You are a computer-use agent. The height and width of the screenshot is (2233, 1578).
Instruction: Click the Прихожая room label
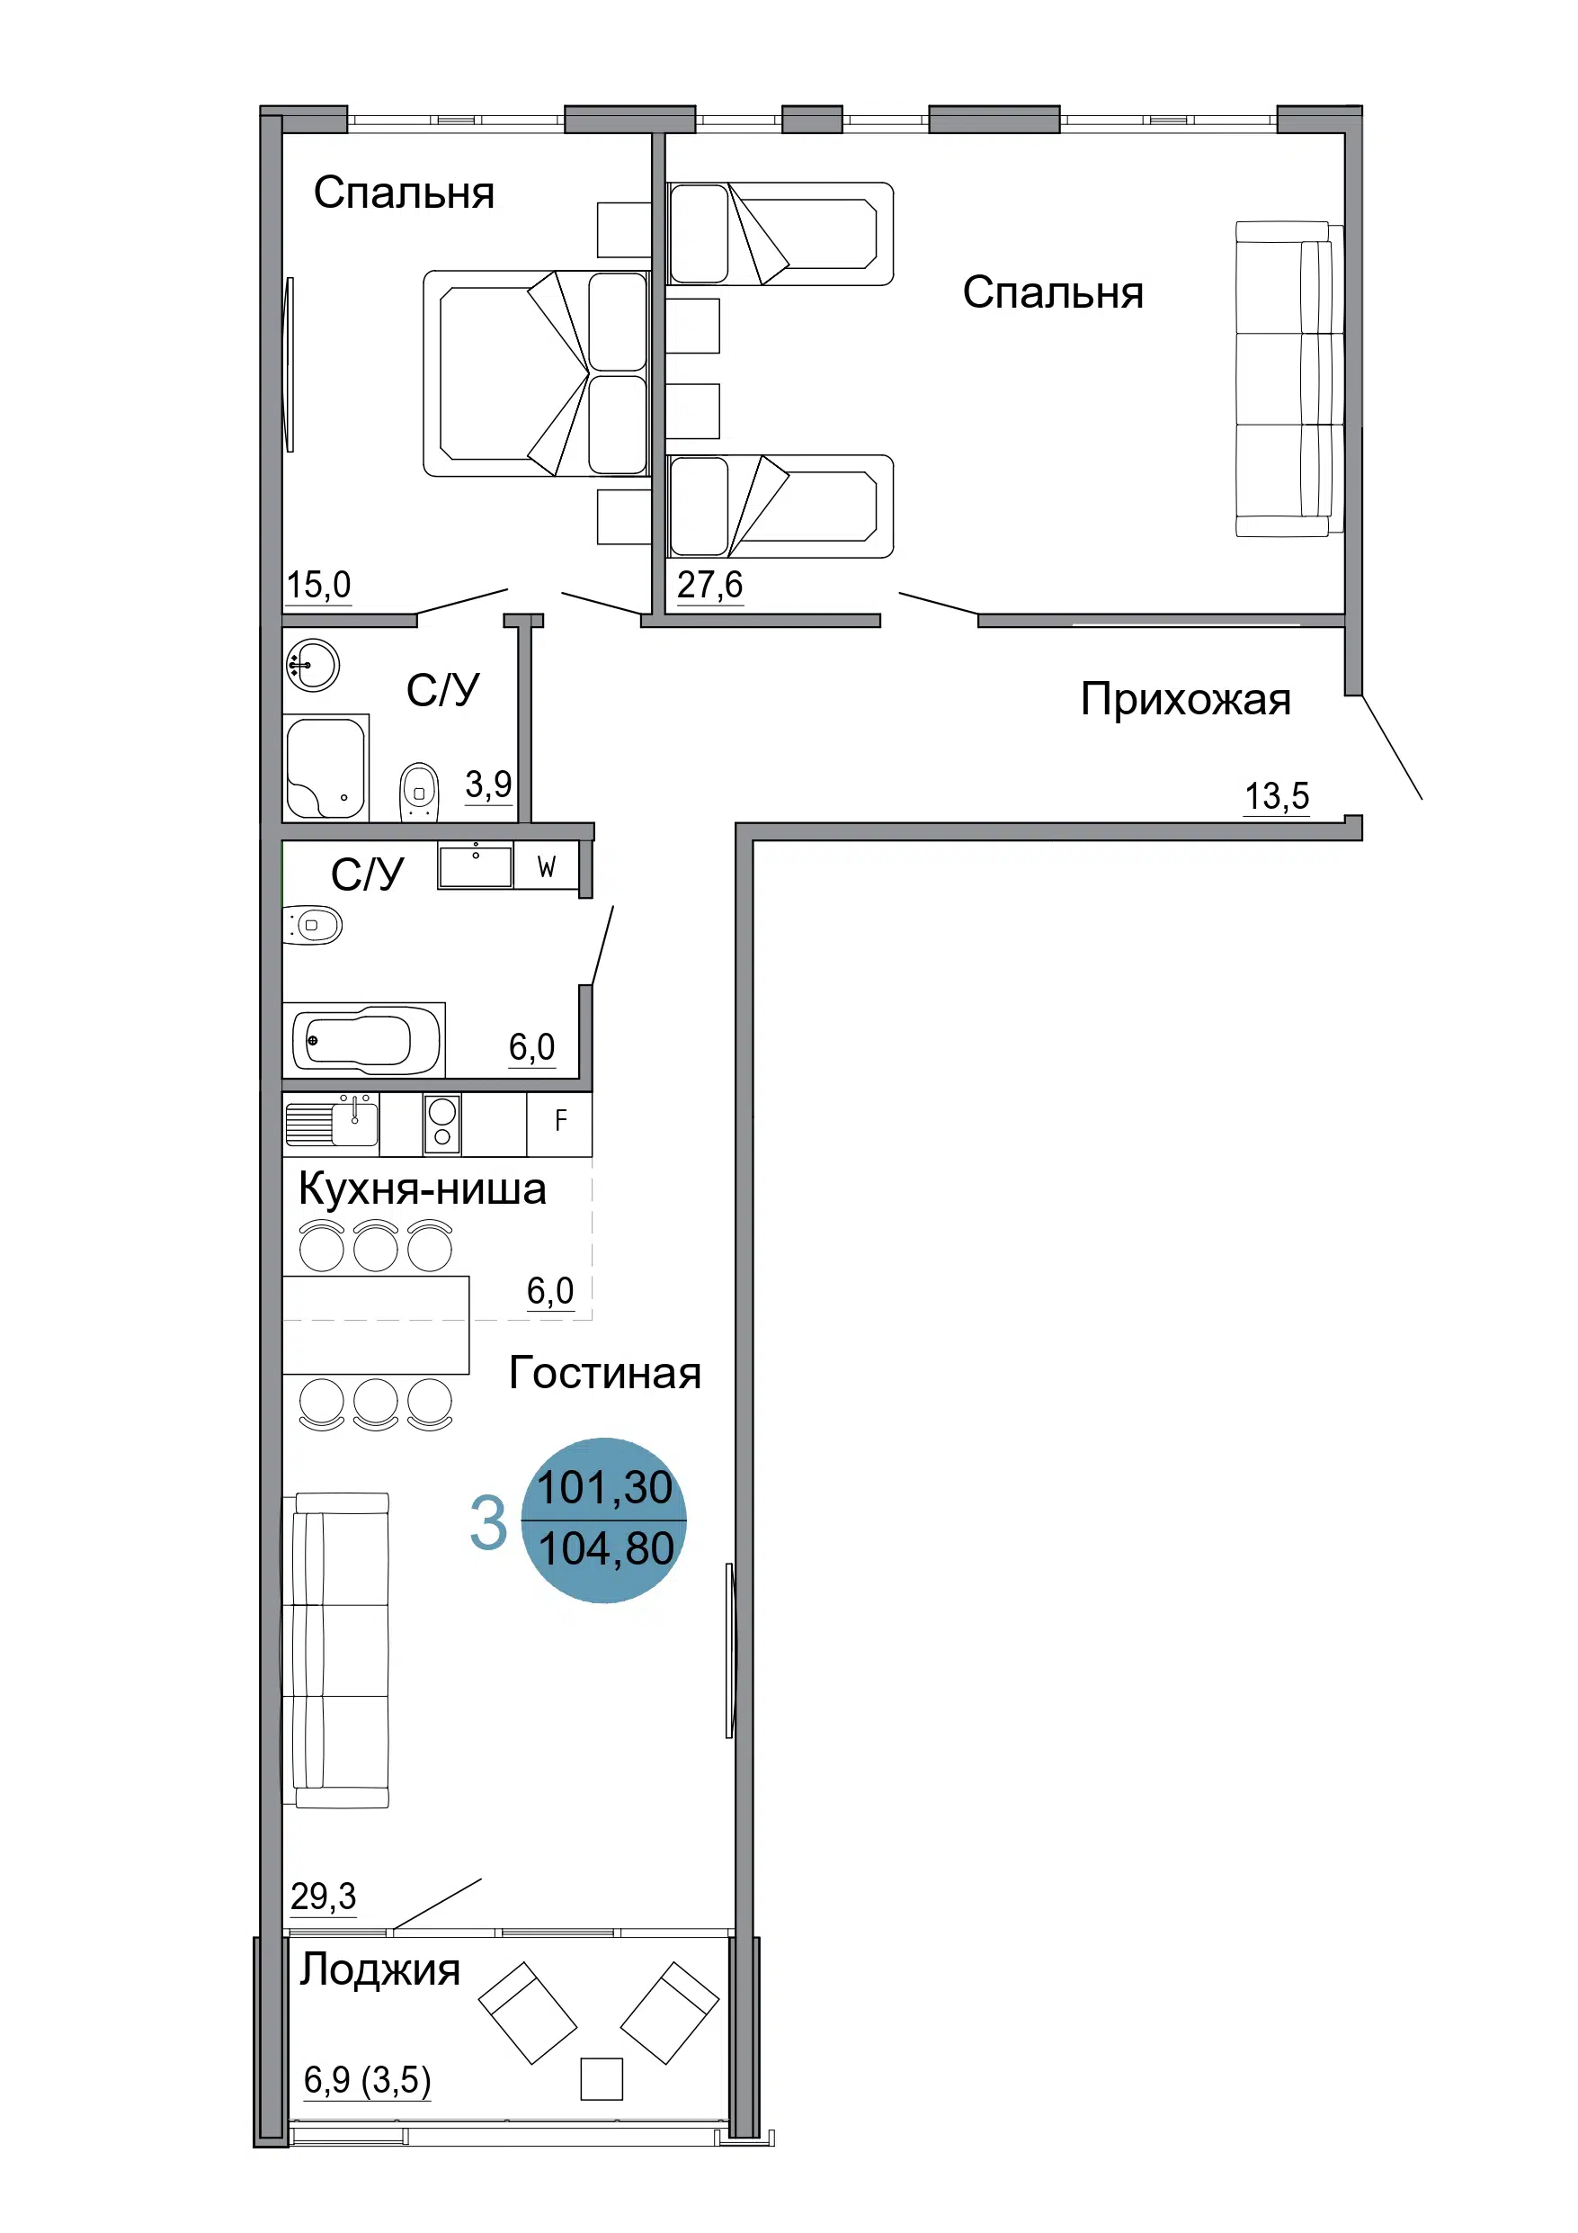point(1185,700)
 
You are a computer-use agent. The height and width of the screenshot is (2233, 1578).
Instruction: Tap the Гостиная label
point(605,1372)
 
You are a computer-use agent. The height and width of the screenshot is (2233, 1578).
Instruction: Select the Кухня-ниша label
point(422,1188)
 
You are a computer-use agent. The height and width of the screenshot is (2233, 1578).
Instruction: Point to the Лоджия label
point(379,1970)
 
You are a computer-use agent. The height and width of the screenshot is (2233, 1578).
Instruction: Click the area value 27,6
point(709,585)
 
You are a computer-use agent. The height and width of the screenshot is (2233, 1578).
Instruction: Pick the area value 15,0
point(318,585)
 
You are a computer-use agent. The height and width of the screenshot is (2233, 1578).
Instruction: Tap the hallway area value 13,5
point(1277,795)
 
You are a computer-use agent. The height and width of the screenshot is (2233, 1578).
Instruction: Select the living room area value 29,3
point(323,1896)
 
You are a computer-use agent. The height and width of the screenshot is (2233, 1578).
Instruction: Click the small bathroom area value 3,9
point(488,783)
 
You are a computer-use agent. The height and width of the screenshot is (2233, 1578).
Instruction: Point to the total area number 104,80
point(606,1549)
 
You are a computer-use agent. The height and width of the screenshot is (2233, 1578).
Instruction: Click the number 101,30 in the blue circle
point(605,1488)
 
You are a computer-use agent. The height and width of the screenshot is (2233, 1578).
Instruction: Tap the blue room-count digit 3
point(488,1522)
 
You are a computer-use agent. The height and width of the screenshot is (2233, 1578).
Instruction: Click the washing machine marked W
point(547,865)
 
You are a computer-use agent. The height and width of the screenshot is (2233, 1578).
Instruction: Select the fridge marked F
point(560,1124)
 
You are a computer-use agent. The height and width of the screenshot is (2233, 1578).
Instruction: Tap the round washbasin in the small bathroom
point(313,665)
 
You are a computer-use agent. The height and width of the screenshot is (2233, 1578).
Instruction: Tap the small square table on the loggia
point(601,2078)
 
